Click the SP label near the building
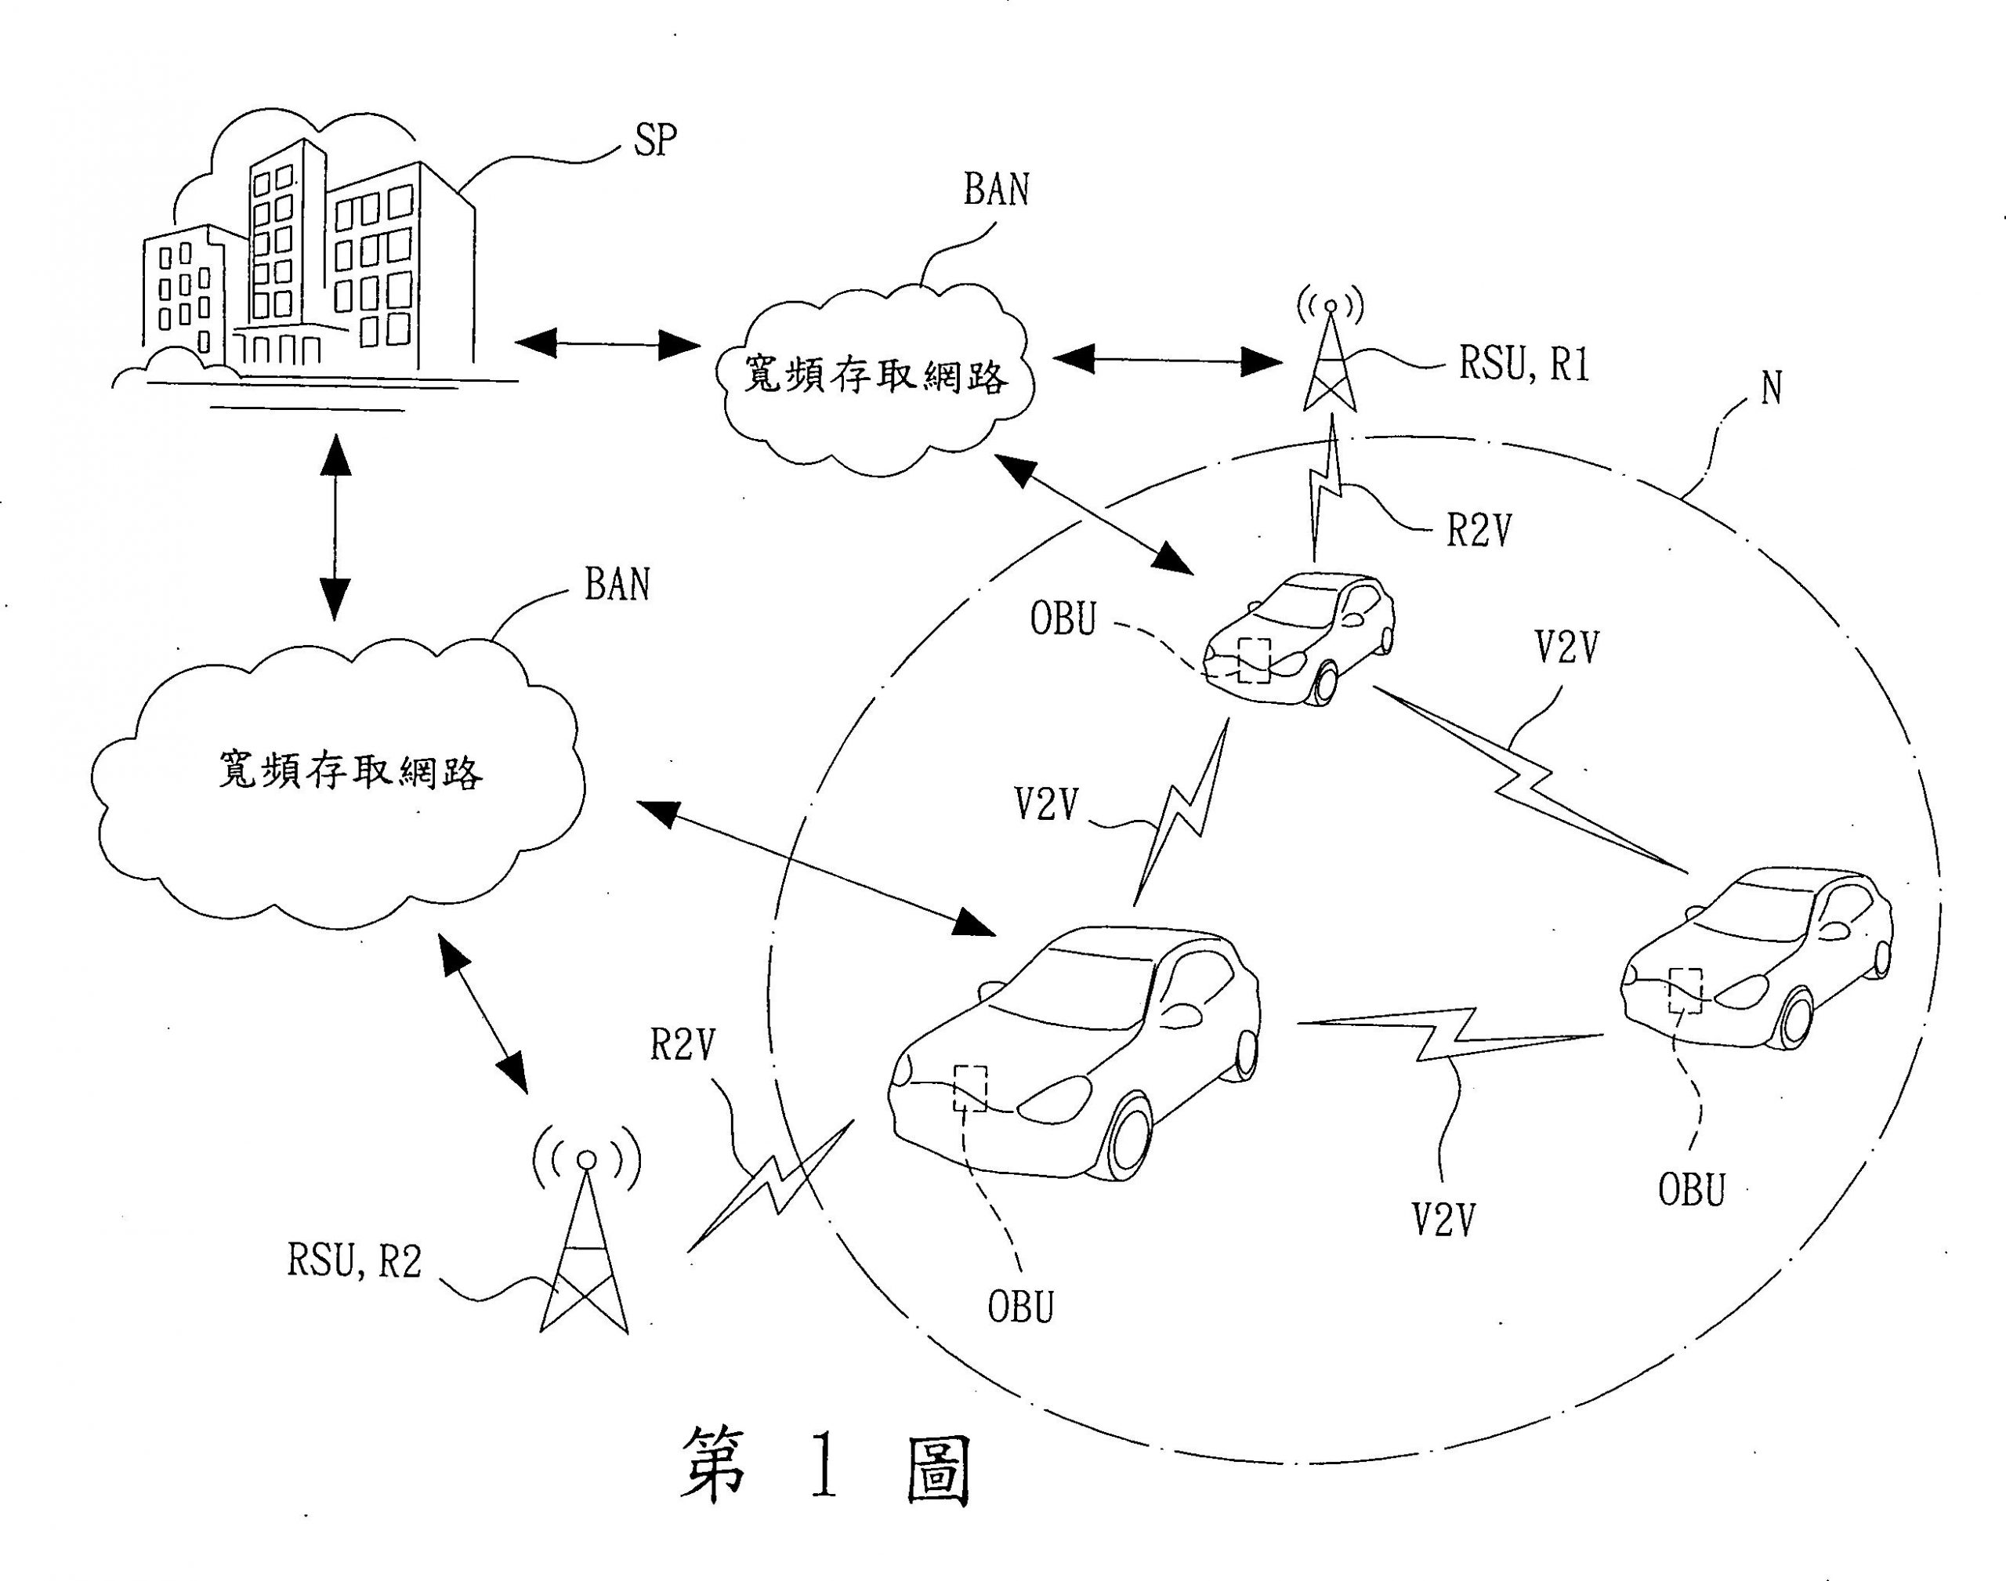click(x=655, y=140)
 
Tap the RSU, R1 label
click(x=1524, y=363)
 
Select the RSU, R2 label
click(x=354, y=1260)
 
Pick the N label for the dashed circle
click(x=1771, y=388)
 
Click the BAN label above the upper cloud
click(x=996, y=190)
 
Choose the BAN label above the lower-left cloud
click(x=617, y=585)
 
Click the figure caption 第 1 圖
click(x=825, y=1464)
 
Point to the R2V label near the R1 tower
click(x=1479, y=531)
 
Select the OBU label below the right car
click(x=1692, y=1191)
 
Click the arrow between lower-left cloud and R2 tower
click(x=482, y=1014)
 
